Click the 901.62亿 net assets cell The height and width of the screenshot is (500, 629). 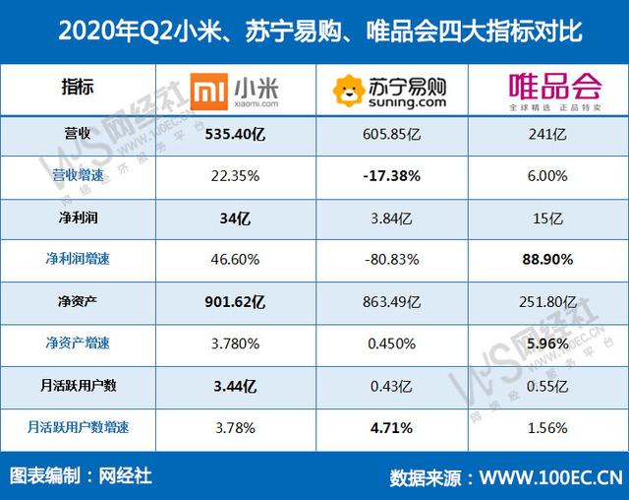[x=237, y=301]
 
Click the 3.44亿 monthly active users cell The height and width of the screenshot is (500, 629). [x=237, y=385]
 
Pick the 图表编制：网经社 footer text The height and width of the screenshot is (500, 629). [x=81, y=475]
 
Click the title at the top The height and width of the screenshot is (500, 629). [x=314, y=31]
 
